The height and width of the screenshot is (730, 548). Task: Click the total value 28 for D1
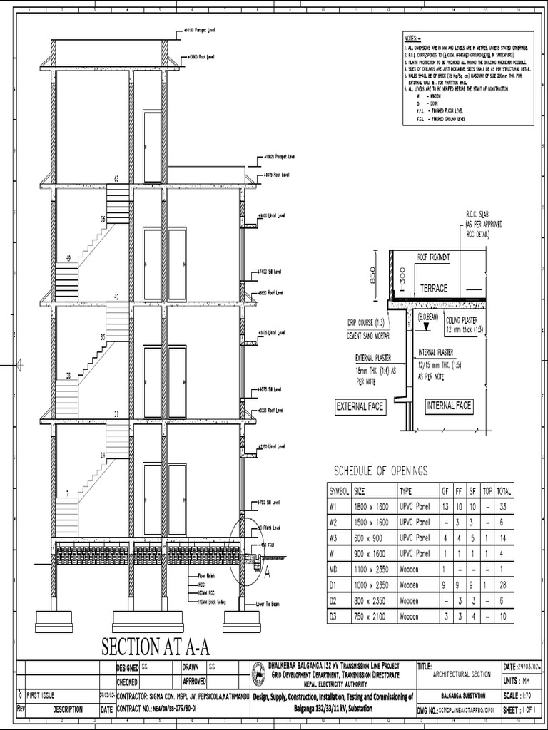coord(504,585)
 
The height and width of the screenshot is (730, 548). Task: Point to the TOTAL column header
coord(504,490)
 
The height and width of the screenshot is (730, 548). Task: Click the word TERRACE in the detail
coord(434,289)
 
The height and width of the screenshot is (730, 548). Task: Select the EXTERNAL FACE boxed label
coord(360,407)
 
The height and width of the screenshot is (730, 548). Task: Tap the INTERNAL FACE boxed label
coord(449,406)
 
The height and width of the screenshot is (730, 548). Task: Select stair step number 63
coord(116,178)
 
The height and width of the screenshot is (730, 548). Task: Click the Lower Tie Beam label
coord(270,604)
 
